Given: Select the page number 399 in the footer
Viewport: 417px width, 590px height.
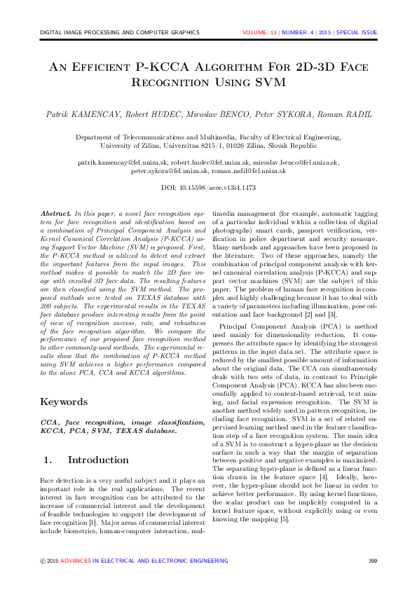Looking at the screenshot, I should [372, 561].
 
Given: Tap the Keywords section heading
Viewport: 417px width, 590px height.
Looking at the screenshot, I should [65, 402].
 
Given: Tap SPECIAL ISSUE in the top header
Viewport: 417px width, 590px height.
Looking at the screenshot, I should [357, 33].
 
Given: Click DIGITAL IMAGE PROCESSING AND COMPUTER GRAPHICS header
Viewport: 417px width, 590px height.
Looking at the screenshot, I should [120, 33].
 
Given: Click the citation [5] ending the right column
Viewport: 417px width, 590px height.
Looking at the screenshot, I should [284, 519].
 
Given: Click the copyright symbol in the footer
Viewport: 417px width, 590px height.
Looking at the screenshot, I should [43, 561].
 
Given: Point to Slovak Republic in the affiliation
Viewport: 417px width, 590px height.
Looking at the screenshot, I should [313, 146].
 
